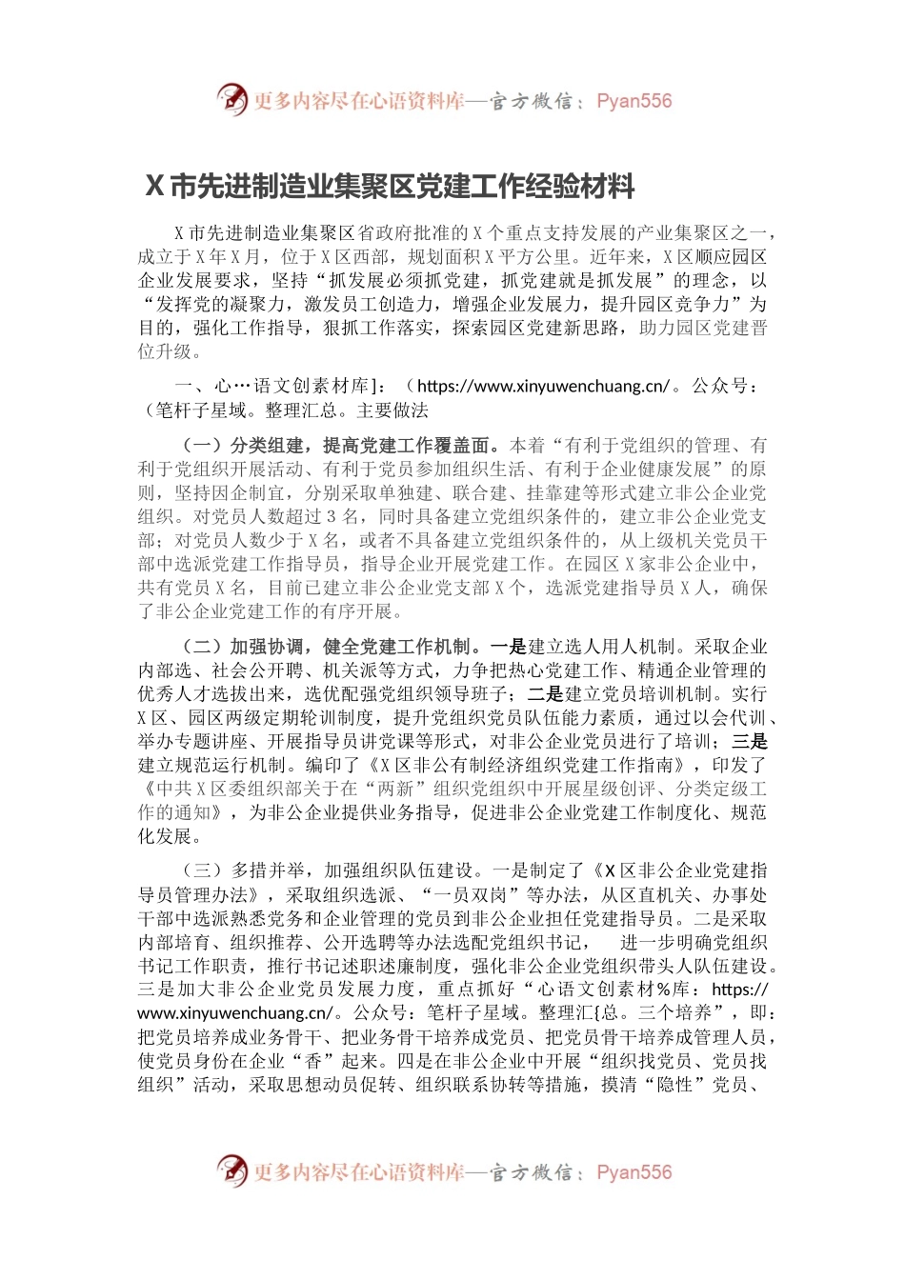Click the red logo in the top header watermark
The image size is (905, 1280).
[x=231, y=99]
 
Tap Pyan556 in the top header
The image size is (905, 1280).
[x=633, y=101]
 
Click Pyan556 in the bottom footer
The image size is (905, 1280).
[x=633, y=1172]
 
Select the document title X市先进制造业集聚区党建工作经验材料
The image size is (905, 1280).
[x=391, y=186]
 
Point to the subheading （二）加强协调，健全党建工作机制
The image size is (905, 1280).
[x=329, y=647]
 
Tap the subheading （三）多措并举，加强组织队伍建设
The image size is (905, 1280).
[x=329, y=870]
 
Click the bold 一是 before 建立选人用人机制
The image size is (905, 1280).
[x=508, y=647]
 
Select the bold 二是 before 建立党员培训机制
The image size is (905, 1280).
[x=545, y=694]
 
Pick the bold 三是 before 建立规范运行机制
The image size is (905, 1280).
[x=750, y=742]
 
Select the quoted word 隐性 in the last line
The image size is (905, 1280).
[x=675, y=1085]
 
